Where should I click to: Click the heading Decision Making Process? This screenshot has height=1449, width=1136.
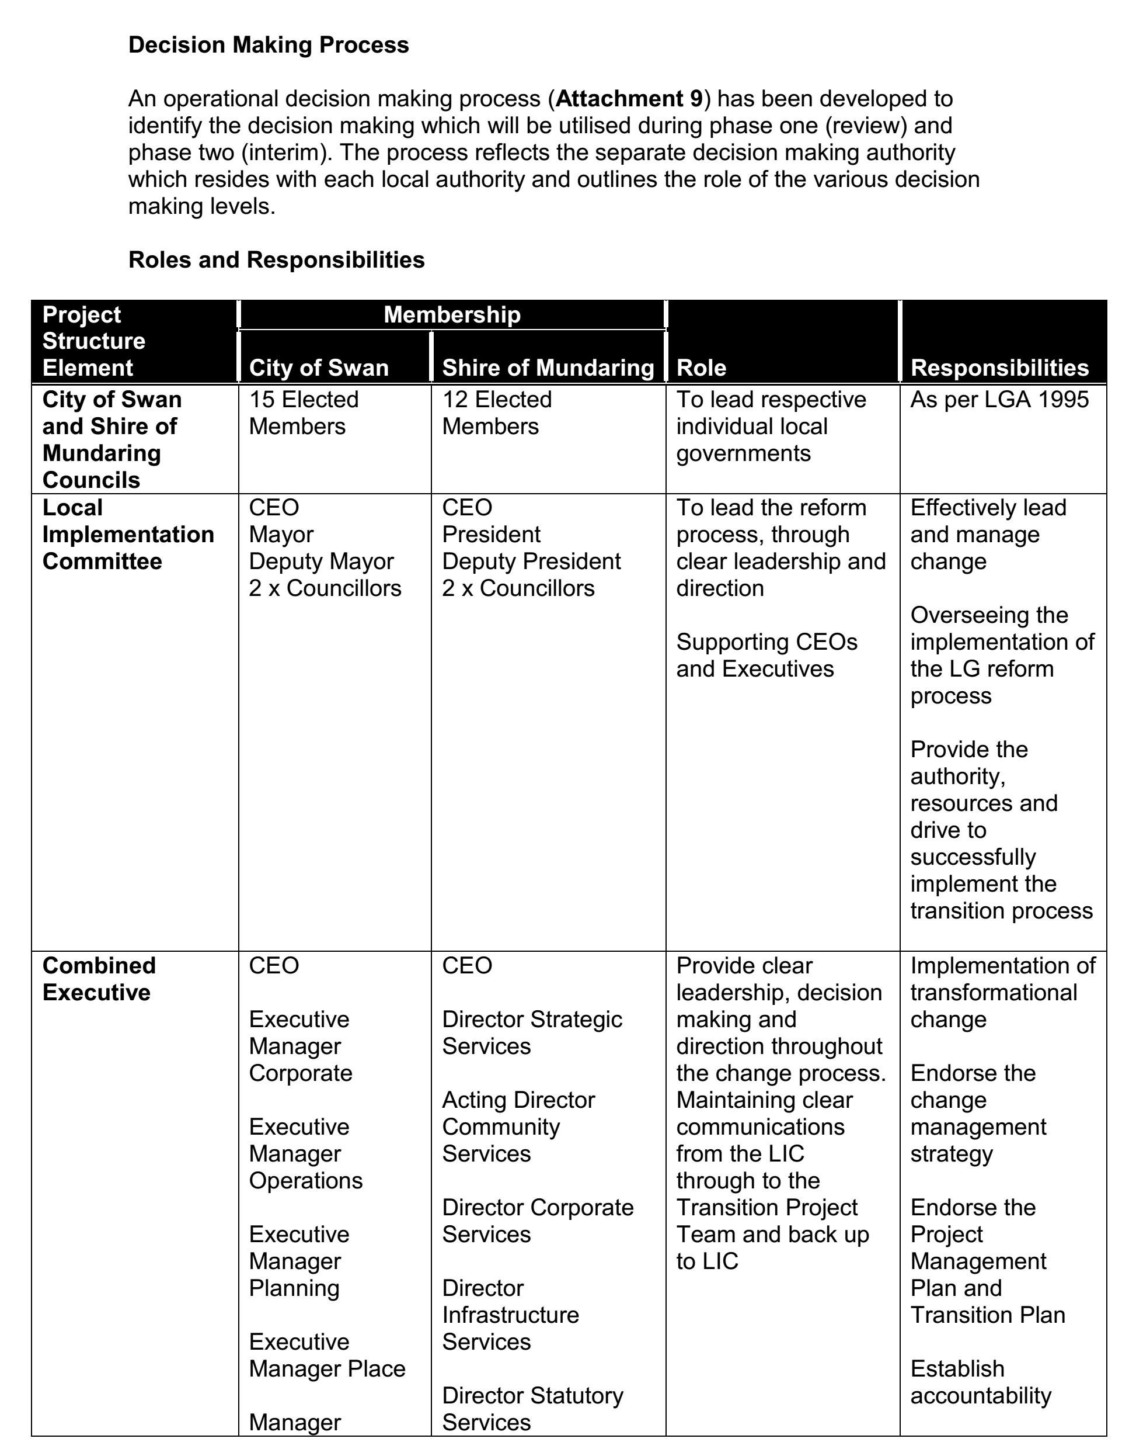268,45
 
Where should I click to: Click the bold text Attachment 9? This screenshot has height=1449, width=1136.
629,99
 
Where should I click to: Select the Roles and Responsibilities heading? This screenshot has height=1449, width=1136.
276,259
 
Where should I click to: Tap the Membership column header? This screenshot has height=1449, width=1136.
452,314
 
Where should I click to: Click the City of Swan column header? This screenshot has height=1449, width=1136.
319,368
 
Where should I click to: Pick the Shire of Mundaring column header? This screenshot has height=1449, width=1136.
548,368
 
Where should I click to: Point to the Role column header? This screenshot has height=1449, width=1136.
701,368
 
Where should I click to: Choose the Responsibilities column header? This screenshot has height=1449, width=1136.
999,368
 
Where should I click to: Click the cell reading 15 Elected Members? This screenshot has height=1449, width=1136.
304,412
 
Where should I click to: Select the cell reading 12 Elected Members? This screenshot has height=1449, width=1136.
497,412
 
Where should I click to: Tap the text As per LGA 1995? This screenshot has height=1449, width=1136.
999,400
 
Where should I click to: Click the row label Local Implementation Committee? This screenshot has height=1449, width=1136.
128,535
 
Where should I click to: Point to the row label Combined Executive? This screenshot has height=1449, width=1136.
99,979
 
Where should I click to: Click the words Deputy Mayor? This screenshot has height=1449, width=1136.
321,561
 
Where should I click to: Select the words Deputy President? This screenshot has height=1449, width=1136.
531,561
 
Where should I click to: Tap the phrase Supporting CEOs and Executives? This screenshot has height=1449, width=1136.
766,655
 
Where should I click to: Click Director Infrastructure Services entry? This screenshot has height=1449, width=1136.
510,1315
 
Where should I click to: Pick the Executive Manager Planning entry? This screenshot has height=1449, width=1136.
299,1261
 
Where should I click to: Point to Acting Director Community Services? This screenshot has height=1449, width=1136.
518,1126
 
